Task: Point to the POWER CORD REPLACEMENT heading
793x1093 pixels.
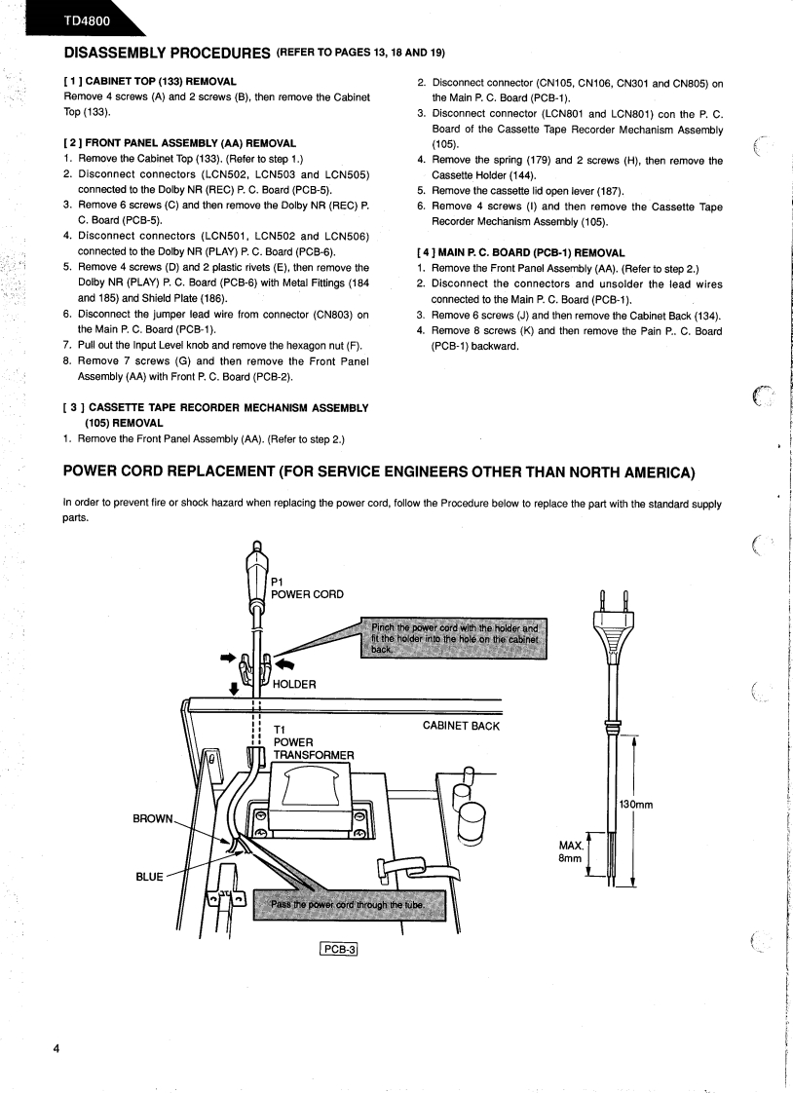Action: click(379, 472)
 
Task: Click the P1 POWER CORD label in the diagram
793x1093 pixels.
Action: click(306, 587)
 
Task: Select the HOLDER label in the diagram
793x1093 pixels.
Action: click(294, 684)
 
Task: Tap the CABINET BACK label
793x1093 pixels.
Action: click(461, 726)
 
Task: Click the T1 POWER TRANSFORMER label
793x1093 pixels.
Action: click(312, 741)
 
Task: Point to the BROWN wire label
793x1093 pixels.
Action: click(152, 818)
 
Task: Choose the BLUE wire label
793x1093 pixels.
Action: click(149, 876)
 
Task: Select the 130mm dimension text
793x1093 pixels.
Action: click(635, 804)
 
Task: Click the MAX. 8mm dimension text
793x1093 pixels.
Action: click(570, 851)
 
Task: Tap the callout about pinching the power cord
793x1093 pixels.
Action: click(453, 637)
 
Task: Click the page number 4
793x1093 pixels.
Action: click(57, 1048)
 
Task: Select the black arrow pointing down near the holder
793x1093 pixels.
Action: click(233, 689)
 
